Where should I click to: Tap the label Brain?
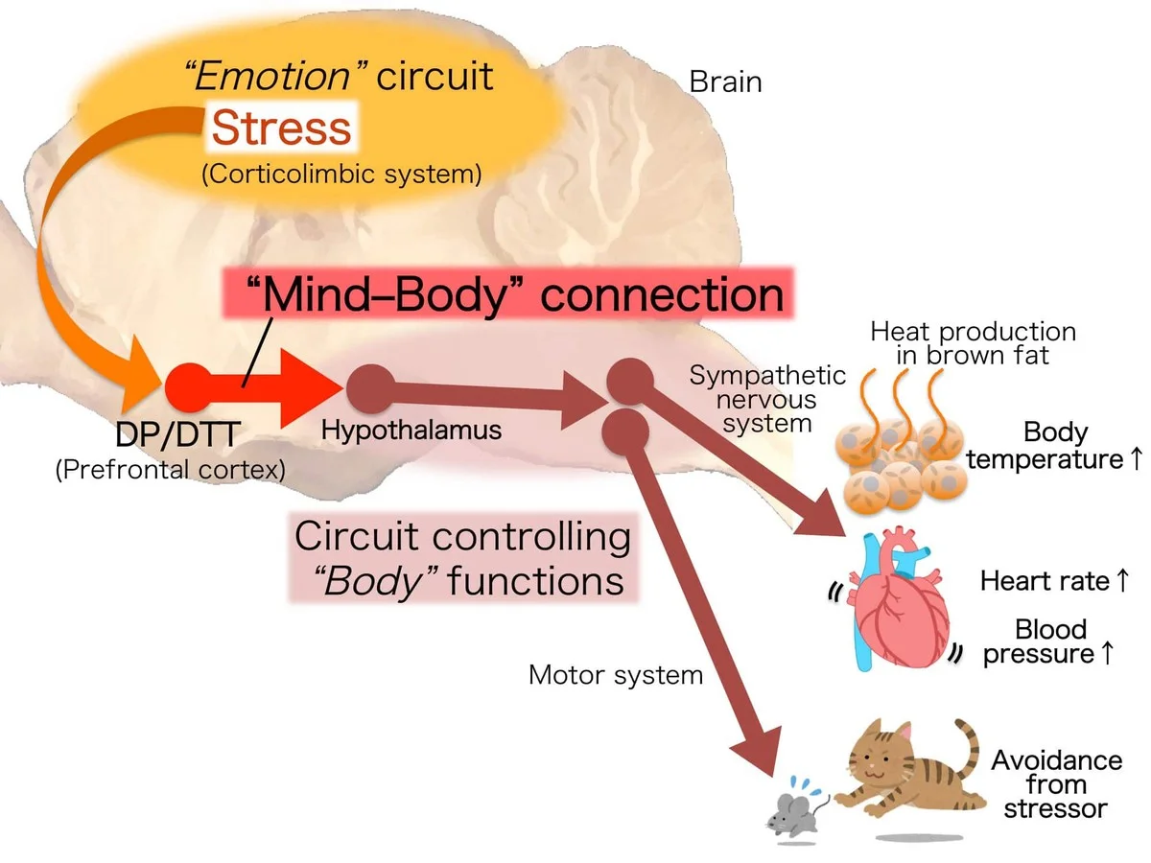pos(725,82)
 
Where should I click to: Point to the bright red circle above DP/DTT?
pos(188,387)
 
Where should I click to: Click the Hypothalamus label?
pos(411,431)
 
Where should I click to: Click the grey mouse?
pos(790,811)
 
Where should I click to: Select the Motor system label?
pos(616,675)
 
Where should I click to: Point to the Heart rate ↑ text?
pos(1051,581)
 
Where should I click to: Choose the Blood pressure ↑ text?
pos(1051,641)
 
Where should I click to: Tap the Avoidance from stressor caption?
pos(1056,783)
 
